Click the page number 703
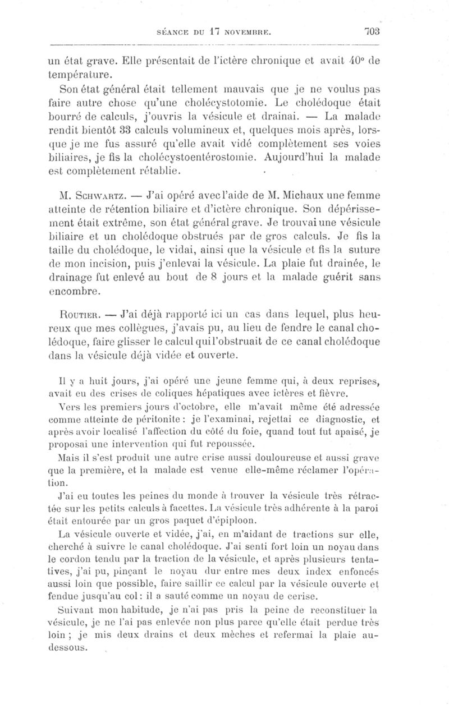371,31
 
